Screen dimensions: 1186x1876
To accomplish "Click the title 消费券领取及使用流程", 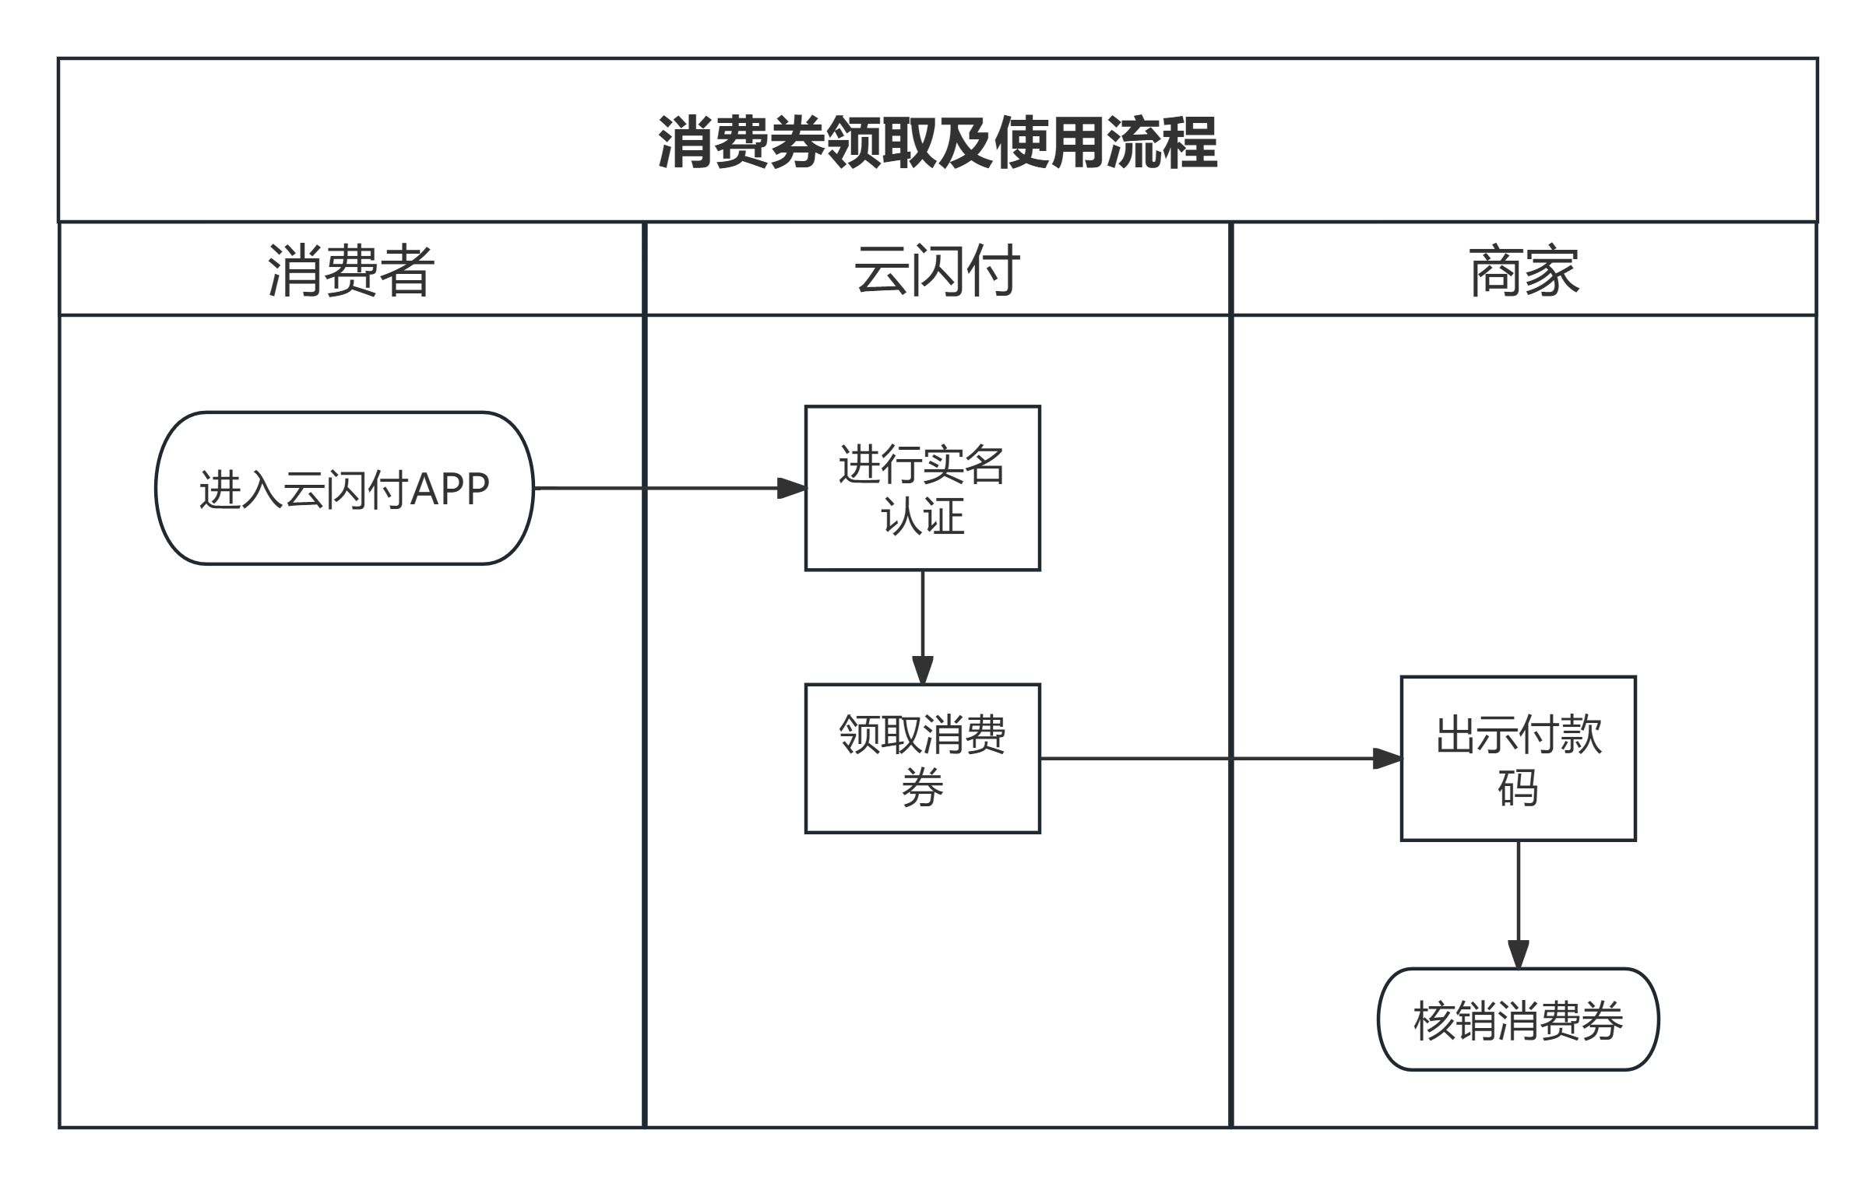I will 937,142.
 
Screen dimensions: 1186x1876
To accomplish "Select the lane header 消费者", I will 350,270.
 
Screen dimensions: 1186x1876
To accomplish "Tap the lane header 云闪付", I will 937,270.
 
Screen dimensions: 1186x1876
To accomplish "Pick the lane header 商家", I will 1524,270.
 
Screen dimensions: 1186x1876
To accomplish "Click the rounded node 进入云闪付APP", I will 344,488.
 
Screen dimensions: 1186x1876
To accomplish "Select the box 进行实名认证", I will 922,488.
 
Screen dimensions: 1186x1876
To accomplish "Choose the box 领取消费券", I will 922,759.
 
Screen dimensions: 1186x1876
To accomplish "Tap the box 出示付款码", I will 1518,759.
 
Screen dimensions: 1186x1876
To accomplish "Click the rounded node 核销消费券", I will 1518,1019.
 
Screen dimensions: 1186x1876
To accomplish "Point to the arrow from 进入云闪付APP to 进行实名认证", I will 662,488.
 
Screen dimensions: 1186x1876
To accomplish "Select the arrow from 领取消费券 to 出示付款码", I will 1216,759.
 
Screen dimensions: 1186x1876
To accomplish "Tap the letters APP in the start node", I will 449,489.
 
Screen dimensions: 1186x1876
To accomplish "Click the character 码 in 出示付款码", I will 1518,788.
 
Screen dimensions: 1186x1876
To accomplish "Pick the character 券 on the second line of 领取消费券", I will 922,788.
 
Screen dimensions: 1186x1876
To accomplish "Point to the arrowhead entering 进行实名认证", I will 792,488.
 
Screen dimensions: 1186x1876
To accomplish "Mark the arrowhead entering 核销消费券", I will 1518,954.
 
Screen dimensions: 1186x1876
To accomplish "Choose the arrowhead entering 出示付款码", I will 1387,759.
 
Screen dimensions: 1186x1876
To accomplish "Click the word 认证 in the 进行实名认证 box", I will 922,516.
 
